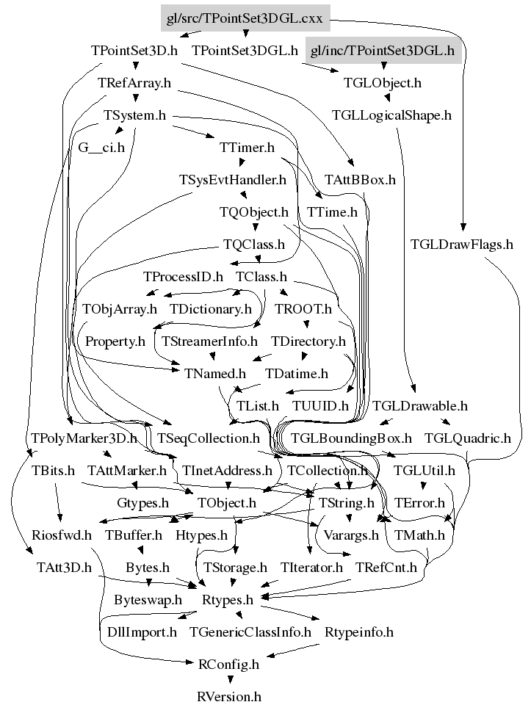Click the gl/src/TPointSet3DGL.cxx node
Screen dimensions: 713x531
pyautogui.click(x=245, y=18)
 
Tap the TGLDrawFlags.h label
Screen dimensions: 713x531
pyautogui.click(x=461, y=245)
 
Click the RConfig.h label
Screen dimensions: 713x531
pyautogui.click(x=228, y=665)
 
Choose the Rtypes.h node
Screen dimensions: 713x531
pyautogui.click(x=228, y=600)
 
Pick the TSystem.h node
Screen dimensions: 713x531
pyautogui.click(x=134, y=115)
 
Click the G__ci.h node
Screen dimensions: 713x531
pyautogui.click(x=101, y=147)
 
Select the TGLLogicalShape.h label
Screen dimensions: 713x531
pyautogui.click(x=391, y=115)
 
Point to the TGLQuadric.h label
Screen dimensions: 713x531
pyautogui.click(x=467, y=438)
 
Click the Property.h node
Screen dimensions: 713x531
pyautogui.click(x=115, y=341)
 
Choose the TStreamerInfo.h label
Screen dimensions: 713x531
pyautogui.click(x=209, y=341)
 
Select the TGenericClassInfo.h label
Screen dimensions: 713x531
pyautogui.click(x=250, y=631)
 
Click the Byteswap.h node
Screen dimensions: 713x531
pyautogui.click(x=148, y=600)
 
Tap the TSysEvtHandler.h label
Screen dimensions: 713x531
pyautogui.click(x=233, y=179)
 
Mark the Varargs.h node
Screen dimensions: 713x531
pyautogui.click(x=351, y=535)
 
